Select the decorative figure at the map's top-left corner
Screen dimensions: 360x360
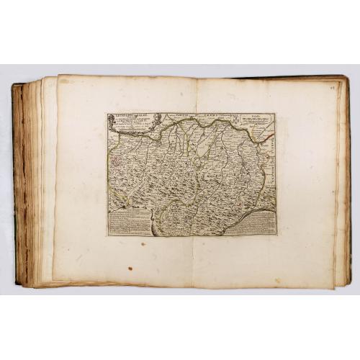pyautogui.click(x=113, y=120)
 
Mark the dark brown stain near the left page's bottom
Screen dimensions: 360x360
pyautogui.click(x=130, y=269)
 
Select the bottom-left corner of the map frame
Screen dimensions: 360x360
pyautogui.click(x=108, y=236)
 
